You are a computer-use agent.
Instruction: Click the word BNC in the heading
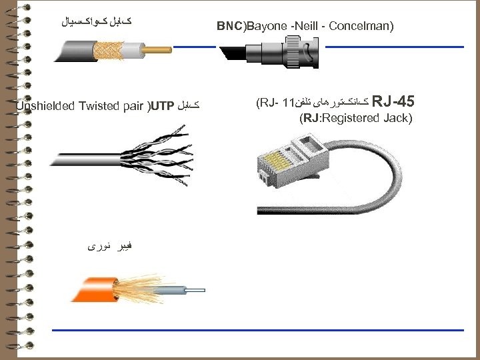231,27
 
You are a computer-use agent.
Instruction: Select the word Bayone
267,27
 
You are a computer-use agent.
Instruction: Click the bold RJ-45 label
393,103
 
